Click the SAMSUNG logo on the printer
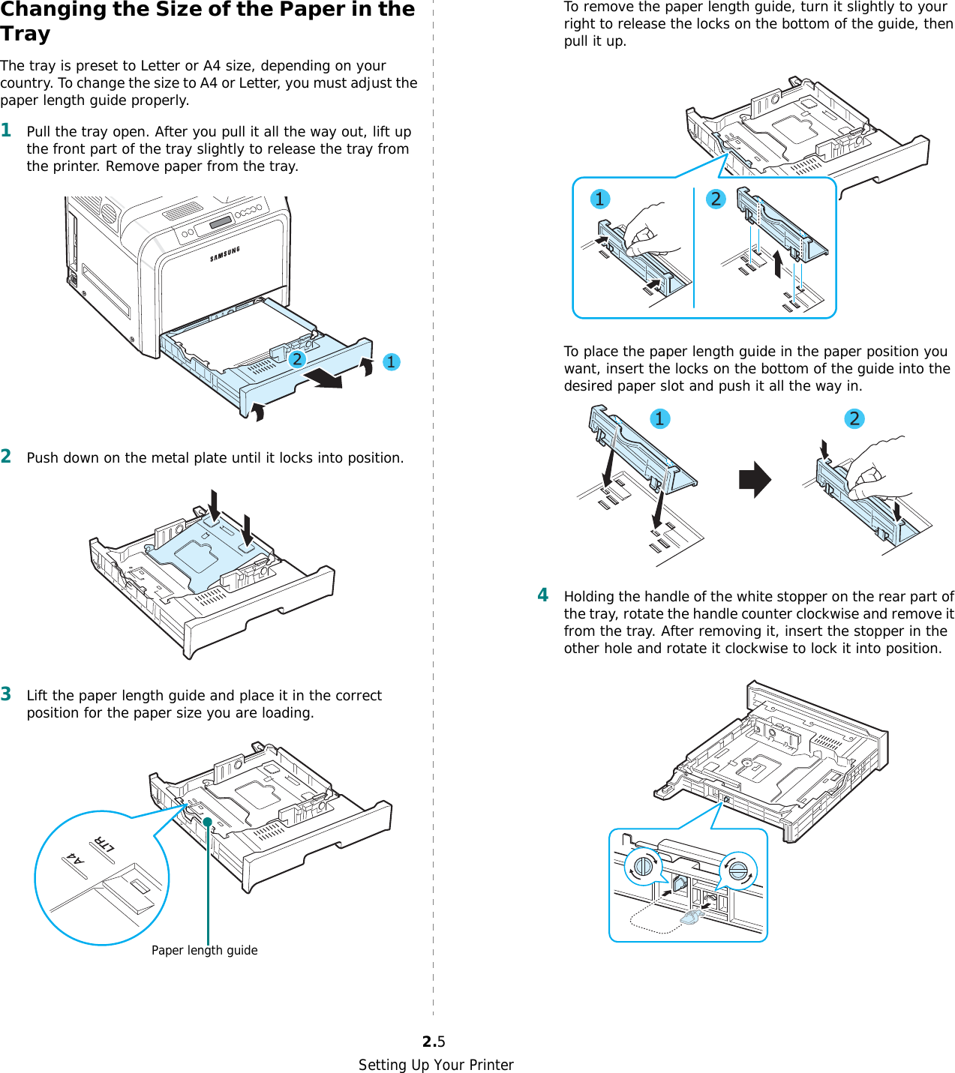click(x=225, y=254)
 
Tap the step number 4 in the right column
click(x=543, y=595)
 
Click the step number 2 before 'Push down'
click(x=6, y=457)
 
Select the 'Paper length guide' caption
click(x=204, y=950)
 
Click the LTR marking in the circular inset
click(x=104, y=843)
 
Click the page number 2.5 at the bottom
click(x=434, y=1042)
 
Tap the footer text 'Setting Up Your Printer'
click(x=436, y=1065)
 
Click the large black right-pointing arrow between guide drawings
click(x=755, y=480)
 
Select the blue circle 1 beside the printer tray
click(x=391, y=362)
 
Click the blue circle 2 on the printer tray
click(x=297, y=359)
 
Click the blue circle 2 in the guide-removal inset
click(x=716, y=199)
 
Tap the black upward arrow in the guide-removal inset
click(x=778, y=264)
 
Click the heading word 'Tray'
click(x=26, y=34)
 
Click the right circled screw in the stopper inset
click(x=738, y=871)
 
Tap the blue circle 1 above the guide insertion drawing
click(x=659, y=418)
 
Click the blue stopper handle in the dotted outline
click(x=691, y=916)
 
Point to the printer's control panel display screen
click(x=221, y=223)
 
